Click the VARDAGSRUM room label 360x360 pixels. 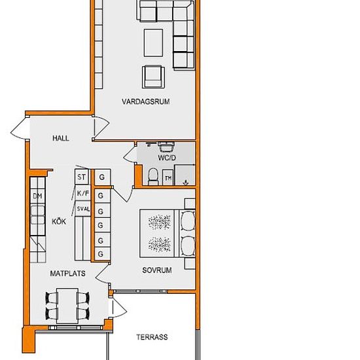(146, 101)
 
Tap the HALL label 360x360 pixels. (61, 138)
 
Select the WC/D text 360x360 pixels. (167, 158)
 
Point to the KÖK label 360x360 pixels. (59, 221)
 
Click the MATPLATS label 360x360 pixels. (67, 274)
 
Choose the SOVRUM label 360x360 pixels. (157, 270)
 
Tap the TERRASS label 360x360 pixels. (152, 337)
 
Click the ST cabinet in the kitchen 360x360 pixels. (82, 177)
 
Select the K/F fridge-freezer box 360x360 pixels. (82, 193)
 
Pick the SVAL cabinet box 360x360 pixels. (83, 209)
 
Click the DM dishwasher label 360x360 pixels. (38, 196)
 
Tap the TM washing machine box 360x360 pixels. (168, 177)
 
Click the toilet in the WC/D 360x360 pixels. (153, 177)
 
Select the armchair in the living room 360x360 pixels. (153, 77)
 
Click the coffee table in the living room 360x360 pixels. (154, 43)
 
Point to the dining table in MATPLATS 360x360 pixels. (67, 306)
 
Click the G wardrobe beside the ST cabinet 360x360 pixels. (102, 177)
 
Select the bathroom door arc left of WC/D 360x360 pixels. (130, 154)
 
